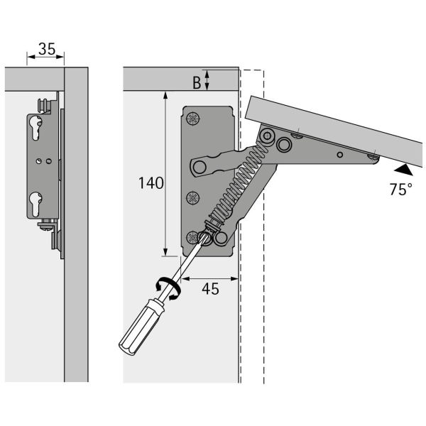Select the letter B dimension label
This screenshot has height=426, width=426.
tap(196, 82)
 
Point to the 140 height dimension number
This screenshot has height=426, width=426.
tap(151, 182)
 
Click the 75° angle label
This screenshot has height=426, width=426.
tap(400, 189)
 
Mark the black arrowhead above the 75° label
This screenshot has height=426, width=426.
tap(402, 170)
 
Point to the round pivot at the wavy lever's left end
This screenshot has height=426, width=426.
tap(201, 166)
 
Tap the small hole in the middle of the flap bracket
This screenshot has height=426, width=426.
tap(339, 153)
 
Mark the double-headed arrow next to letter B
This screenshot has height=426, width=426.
tap(207, 80)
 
